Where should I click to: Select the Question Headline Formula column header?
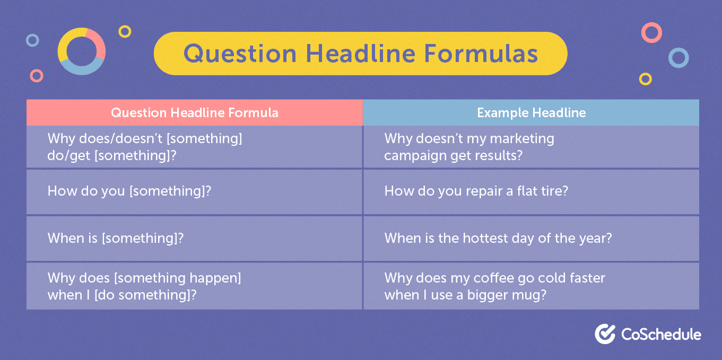pyautogui.click(x=194, y=112)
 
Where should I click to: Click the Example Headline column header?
pyautogui.click(x=531, y=112)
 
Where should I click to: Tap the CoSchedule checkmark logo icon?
pyautogui.click(x=605, y=333)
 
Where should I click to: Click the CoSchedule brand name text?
pyautogui.click(x=661, y=334)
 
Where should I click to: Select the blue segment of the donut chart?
pyautogui.click(x=82, y=68)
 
